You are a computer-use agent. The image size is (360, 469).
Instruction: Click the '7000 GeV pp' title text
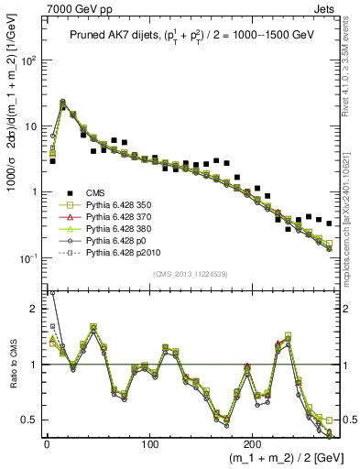(76, 8)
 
